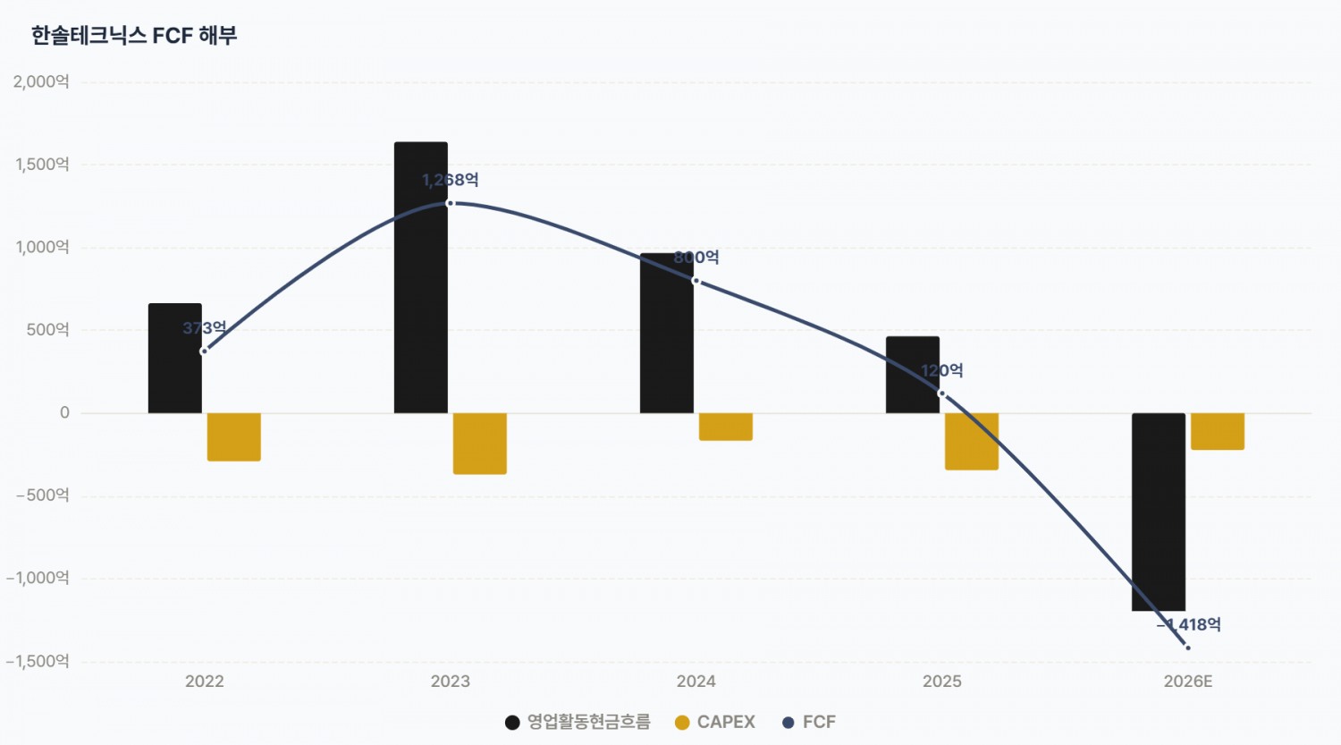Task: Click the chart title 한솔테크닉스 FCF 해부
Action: pyautogui.click(x=134, y=36)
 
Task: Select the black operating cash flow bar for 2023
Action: pyautogui.click(x=421, y=277)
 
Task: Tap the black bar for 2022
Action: pyautogui.click(x=175, y=358)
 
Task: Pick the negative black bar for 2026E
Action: pyautogui.click(x=1159, y=512)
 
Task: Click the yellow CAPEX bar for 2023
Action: pyautogui.click(x=479, y=444)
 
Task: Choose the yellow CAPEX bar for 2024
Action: pyautogui.click(x=726, y=427)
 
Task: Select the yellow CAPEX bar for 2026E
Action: pyautogui.click(x=1218, y=431)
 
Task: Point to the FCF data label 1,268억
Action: pyautogui.click(x=451, y=180)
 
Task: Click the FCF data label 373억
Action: pyautogui.click(x=205, y=327)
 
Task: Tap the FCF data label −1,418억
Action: pyautogui.click(x=1188, y=624)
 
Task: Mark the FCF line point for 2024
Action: pyautogui.click(x=696, y=281)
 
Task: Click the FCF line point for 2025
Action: pyautogui.click(x=941, y=394)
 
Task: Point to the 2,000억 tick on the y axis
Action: pyautogui.click(x=41, y=81)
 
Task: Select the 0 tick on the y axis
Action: pyautogui.click(x=64, y=412)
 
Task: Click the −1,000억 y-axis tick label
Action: pyautogui.click(x=38, y=578)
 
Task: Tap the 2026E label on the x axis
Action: pyautogui.click(x=1188, y=682)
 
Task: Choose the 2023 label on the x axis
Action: pyautogui.click(x=451, y=682)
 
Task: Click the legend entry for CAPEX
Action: pyautogui.click(x=715, y=723)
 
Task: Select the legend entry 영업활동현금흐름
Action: pyautogui.click(x=578, y=723)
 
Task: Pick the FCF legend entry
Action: pyautogui.click(x=809, y=723)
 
